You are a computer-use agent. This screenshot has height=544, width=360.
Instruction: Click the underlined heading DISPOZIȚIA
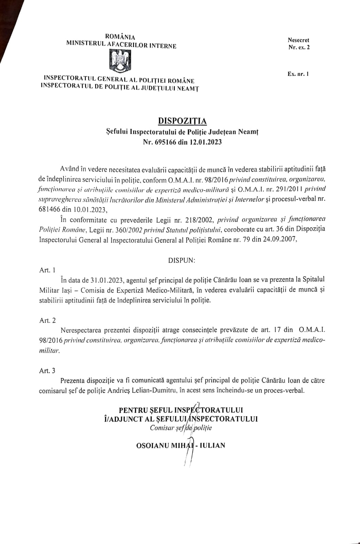tap(182, 121)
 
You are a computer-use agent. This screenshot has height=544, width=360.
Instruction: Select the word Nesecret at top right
tap(298, 40)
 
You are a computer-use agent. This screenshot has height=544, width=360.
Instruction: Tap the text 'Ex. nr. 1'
tap(298, 74)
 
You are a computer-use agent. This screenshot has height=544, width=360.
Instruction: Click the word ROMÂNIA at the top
tap(120, 37)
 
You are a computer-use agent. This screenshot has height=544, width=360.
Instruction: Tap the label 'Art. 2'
tap(47, 320)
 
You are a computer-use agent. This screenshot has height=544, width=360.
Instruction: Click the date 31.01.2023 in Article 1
tap(108, 280)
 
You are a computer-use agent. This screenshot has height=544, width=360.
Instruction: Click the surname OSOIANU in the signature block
tap(152, 445)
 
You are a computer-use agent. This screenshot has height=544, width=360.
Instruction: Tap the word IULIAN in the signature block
tap(212, 445)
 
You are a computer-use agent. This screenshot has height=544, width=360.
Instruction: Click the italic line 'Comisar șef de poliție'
tap(181, 428)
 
